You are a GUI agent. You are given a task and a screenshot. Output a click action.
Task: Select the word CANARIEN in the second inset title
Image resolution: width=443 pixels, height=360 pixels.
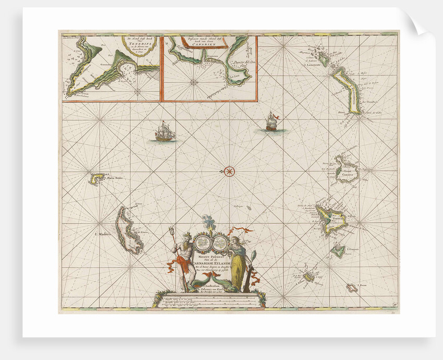tap(208, 44)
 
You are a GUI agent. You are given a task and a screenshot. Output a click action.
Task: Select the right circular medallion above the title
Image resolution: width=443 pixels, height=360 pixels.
tap(220, 242)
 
